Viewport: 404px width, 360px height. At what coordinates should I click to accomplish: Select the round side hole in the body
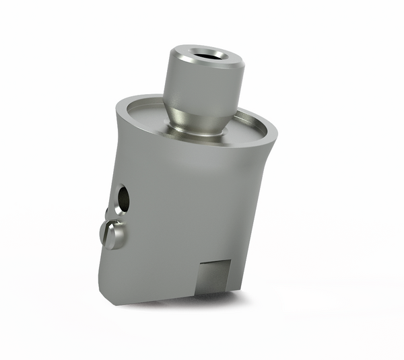[123, 197]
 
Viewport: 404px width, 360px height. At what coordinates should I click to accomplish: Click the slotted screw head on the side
[113, 235]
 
